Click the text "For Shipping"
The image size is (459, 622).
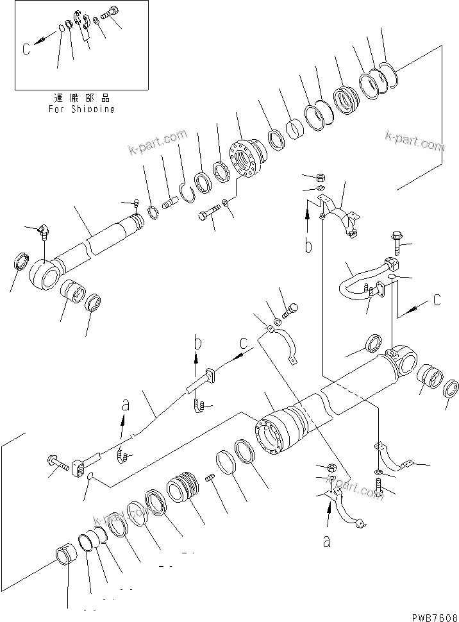(x=81, y=109)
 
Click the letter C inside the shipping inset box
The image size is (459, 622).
(x=26, y=49)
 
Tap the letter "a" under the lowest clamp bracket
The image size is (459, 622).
(x=327, y=542)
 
